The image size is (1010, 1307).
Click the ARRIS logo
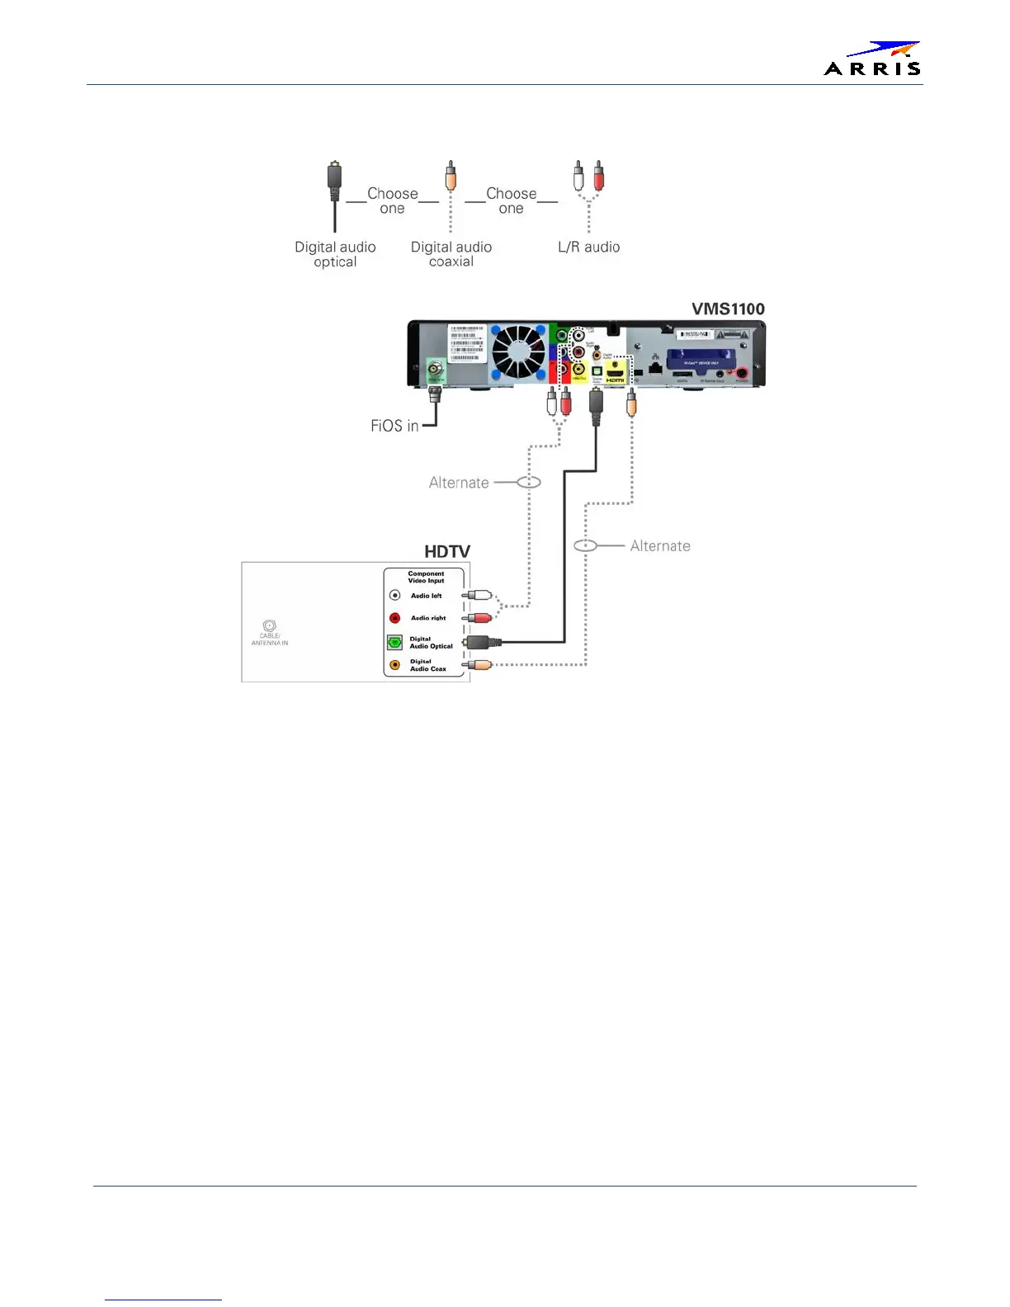tap(872, 59)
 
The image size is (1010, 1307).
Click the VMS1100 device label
tap(727, 309)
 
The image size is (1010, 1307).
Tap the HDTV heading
tap(447, 551)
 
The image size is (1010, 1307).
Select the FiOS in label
tap(394, 426)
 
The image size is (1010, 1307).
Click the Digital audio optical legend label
tap(335, 254)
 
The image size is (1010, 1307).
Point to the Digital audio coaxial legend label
tap(451, 254)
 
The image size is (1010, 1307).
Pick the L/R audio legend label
tap(588, 247)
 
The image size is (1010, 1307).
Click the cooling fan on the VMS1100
tap(519, 352)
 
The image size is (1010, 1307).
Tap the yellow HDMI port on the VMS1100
tap(615, 373)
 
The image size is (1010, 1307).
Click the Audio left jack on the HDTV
tap(395, 595)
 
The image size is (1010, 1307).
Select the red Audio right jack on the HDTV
tap(395, 618)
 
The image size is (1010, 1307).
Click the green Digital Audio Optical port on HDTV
tap(395, 642)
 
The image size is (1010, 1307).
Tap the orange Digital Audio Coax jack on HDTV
tap(395, 665)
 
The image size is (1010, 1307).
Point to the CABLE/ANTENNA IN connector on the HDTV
tap(269, 626)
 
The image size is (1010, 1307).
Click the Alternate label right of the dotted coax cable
tap(660, 546)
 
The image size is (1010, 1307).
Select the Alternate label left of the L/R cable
tap(459, 483)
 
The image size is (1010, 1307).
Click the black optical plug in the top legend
tap(334, 181)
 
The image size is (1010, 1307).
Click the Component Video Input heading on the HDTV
tap(426, 577)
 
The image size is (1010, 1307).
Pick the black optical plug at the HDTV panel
tap(478, 642)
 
